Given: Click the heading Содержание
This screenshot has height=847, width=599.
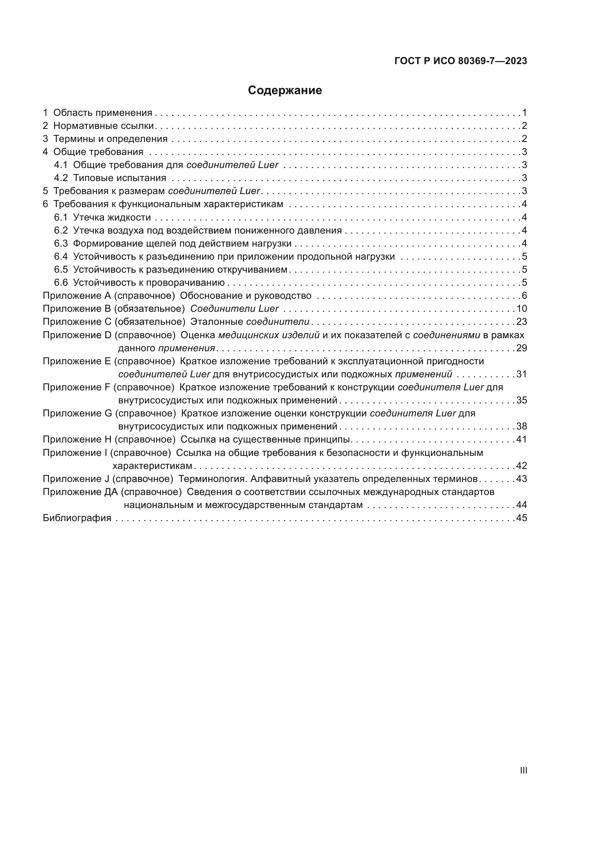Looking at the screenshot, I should point(285,91).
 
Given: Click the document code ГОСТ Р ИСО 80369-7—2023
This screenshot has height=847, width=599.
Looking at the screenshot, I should point(460,61).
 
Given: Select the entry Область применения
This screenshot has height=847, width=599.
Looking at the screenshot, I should point(102,113).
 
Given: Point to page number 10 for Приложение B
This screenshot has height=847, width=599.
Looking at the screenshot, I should point(521,309).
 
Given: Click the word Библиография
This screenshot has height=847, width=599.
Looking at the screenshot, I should point(77,518).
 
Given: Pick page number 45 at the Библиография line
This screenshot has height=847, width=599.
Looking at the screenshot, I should point(521,518).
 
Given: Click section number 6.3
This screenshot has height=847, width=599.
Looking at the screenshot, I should point(61,243).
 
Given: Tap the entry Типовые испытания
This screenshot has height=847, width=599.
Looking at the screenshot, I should point(120,178).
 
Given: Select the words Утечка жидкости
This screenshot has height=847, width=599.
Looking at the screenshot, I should point(112,217).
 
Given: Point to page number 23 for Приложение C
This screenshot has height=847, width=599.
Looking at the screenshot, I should point(521,322).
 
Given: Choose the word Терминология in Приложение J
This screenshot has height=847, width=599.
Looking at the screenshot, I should point(213,479).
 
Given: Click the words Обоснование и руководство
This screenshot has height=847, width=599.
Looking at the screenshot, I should point(245,295).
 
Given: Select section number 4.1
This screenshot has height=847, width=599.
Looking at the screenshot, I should point(61,165).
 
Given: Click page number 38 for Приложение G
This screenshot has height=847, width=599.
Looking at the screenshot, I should point(521,427).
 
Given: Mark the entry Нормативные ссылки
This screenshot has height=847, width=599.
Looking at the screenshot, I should point(103,126).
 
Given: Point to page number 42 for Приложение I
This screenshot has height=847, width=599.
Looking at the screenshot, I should point(521,466).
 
